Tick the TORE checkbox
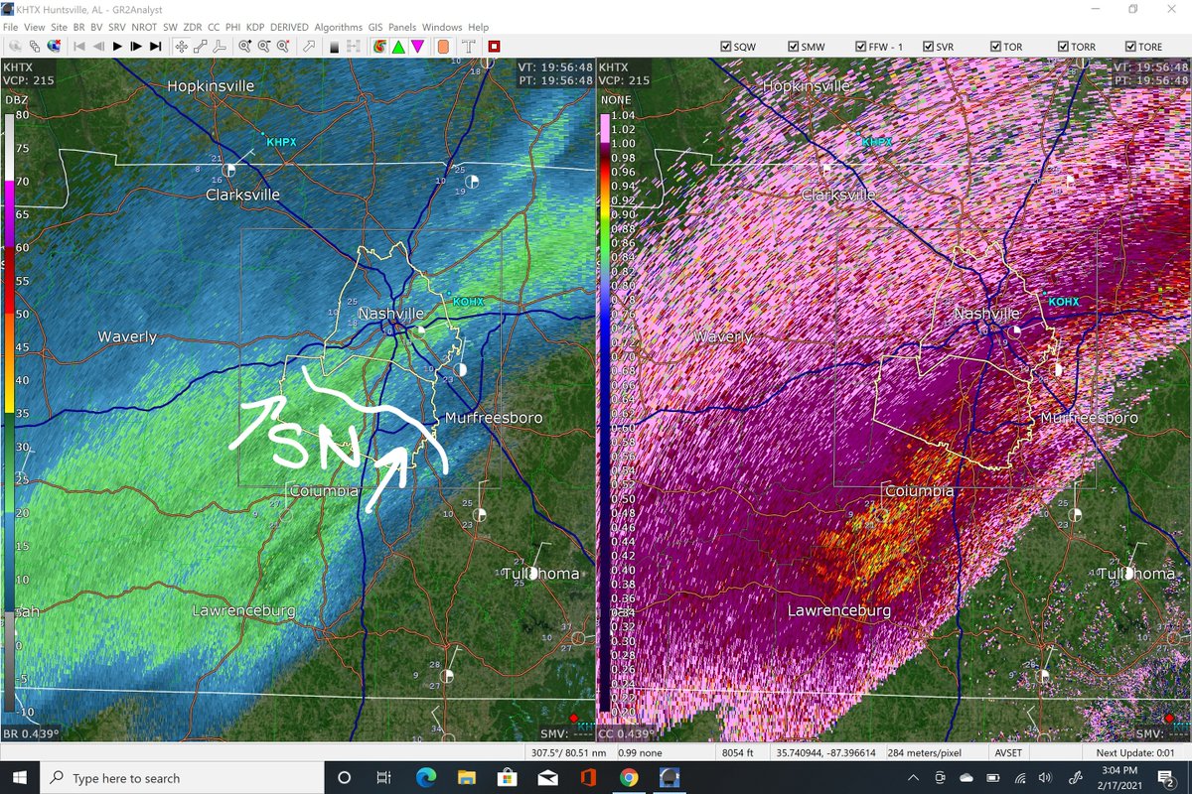(x=1130, y=47)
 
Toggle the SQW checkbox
(x=725, y=47)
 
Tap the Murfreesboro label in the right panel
(x=1090, y=418)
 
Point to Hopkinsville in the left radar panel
(x=211, y=86)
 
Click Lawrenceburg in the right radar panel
(x=839, y=610)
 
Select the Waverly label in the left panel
(x=127, y=337)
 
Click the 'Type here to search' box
(x=126, y=778)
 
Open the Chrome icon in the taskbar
(x=628, y=777)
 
